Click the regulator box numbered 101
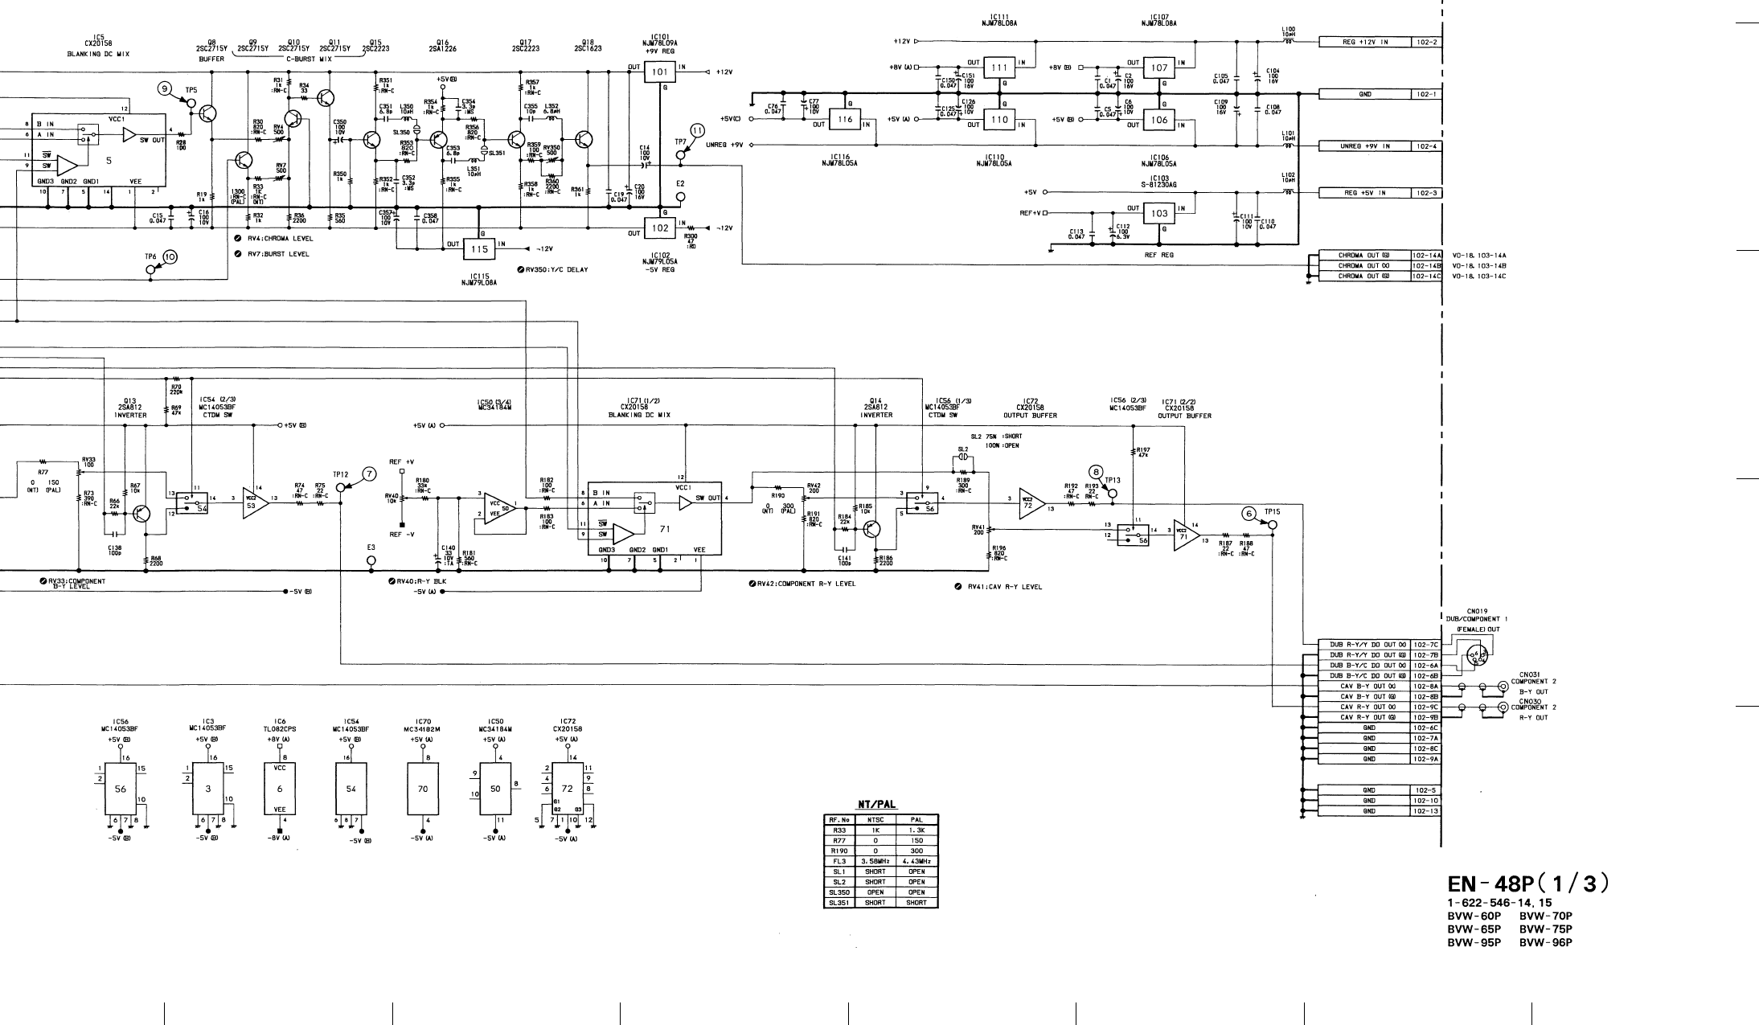click(x=660, y=72)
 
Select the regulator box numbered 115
click(x=479, y=249)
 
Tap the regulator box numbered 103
click(x=1159, y=214)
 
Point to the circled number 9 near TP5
click(x=166, y=88)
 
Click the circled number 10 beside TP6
click(x=170, y=256)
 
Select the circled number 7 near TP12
click(x=369, y=474)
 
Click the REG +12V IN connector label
click(x=1365, y=42)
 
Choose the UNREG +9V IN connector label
click(x=1365, y=146)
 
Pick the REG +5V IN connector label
click(x=1365, y=193)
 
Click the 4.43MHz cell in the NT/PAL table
click(x=915, y=861)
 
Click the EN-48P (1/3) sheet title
click(x=1527, y=884)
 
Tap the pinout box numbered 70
click(x=423, y=789)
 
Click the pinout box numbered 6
click(x=280, y=789)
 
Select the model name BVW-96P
click(x=1546, y=943)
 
